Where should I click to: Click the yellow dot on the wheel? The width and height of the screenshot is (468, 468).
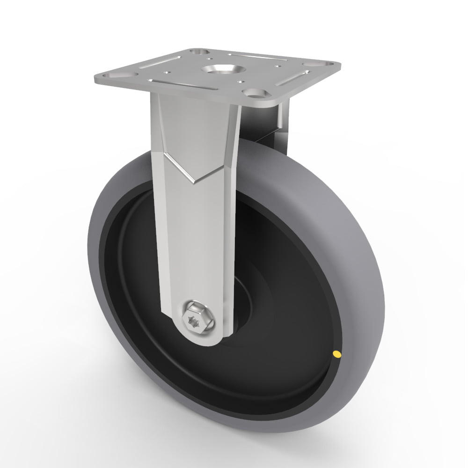tap(336, 354)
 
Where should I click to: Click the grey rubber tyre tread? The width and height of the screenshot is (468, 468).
tap(356, 262)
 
